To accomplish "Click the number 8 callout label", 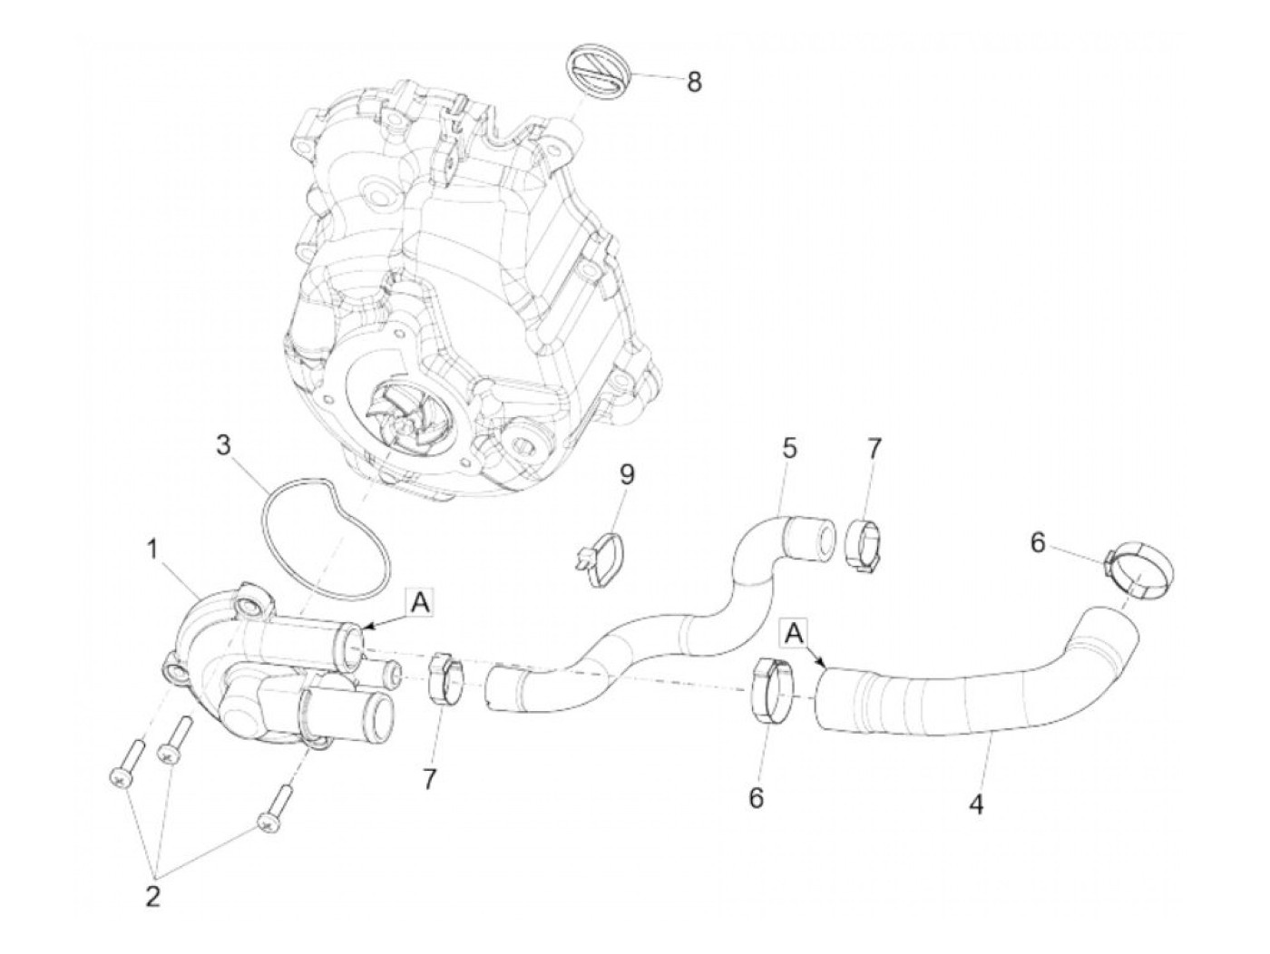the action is (693, 82).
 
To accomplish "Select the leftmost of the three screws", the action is (126, 759).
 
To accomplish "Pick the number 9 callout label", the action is (628, 473).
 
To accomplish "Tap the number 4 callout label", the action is (976, 803).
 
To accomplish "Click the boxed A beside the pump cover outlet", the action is (419, 600).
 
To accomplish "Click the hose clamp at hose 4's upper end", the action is (1139, 573).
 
